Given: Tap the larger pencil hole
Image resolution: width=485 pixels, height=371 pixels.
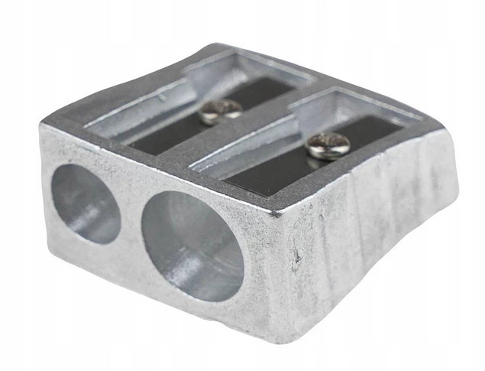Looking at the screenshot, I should pyautogui.click(x=191, y=243).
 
